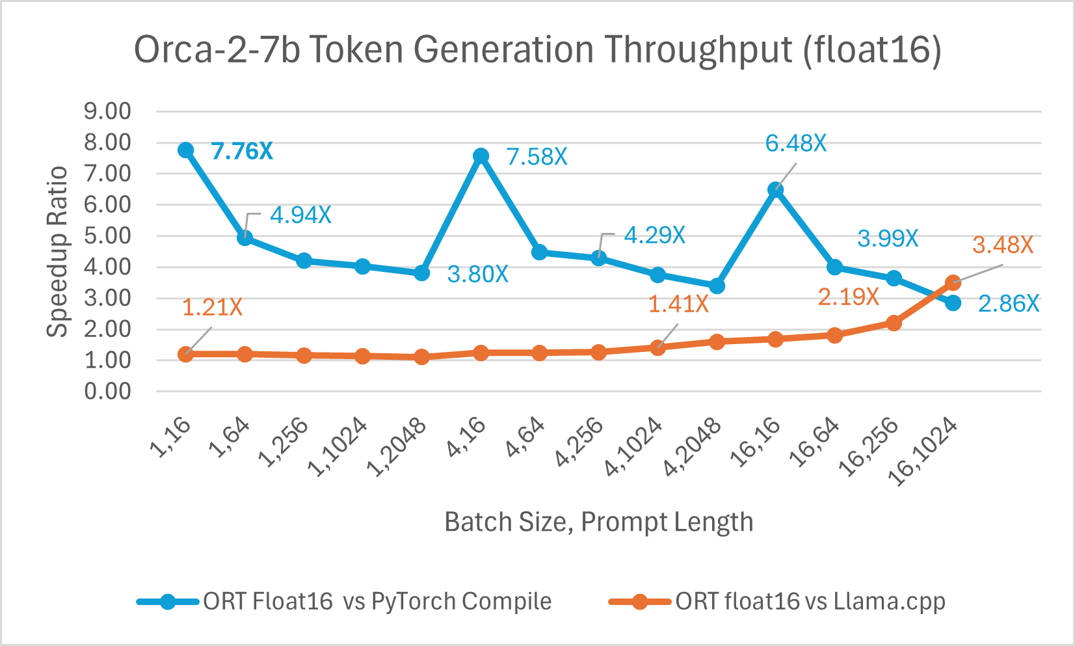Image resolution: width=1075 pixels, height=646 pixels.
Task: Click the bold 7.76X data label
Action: point(242,152)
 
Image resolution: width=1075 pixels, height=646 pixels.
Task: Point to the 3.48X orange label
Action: point(1002,245)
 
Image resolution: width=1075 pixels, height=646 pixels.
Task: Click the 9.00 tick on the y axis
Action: point(107,111)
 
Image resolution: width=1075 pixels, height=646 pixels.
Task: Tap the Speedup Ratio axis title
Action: point(58,251)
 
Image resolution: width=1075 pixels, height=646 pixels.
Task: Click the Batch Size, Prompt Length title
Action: point(598,522)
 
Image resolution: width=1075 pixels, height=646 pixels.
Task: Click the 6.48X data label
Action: point(795,143)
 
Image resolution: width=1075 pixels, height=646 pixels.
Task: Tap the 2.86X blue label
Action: point(1008,304)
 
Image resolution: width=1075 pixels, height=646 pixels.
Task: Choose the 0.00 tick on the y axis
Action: point(107,392)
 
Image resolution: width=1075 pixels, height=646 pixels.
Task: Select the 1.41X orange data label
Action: point(678,304)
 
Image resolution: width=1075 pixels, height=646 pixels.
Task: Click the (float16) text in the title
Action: point(871,50)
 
